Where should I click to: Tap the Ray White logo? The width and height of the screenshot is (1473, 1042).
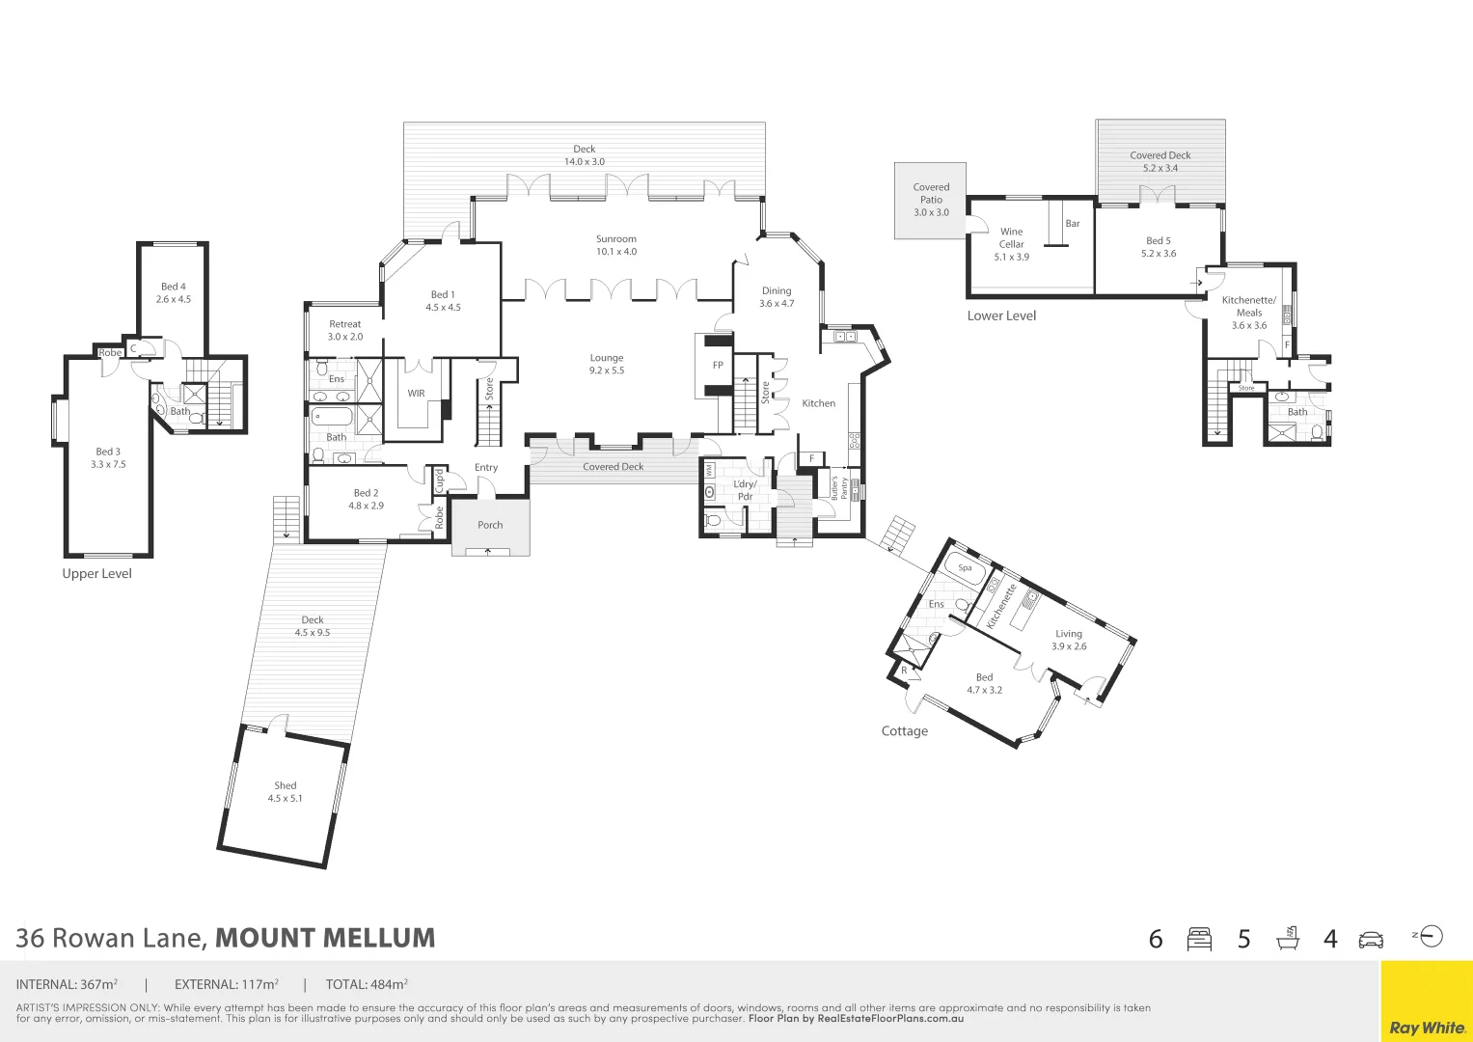[1427, 1028]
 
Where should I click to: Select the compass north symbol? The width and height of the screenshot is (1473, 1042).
[1431, 936]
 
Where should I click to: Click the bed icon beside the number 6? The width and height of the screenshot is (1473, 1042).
[1199, 939]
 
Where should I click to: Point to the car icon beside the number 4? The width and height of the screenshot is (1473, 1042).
[1370, 940]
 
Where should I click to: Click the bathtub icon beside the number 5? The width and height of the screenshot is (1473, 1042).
[1287, 939]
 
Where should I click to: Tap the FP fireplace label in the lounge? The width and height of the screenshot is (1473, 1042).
[718, 366]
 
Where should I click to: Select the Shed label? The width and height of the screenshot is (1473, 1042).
[285, 785]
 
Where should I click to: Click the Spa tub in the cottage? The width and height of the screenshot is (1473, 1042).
[965, 568]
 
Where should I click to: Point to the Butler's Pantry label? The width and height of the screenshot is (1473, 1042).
[839, 487]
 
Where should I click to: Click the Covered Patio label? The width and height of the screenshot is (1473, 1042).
[931, 193]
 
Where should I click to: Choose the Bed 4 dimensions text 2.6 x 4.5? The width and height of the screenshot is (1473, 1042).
[174, 299]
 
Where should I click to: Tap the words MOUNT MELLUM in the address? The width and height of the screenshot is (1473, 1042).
[325, 938]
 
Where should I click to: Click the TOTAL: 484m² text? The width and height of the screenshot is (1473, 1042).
[367, 985]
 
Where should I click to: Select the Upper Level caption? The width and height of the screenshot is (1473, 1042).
[96, 574]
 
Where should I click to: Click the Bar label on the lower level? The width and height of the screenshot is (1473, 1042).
[1073, 224]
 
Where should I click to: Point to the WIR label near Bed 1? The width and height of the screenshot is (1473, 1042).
[416, 394]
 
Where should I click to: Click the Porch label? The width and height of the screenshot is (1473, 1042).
[490, 525]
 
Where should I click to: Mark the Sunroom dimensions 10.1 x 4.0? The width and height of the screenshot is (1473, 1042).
[616, 252]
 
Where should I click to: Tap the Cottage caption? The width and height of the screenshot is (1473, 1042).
[904, 731]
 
